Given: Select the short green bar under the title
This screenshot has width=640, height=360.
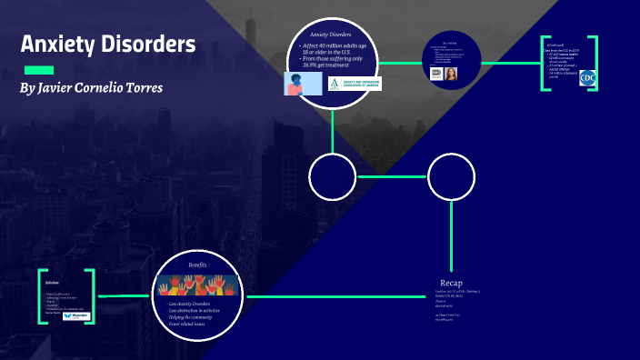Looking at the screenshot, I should pyautogui.click(x=38, y=70).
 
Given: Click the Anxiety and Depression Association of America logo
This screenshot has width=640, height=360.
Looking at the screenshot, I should pyautogui.click(x=355, y=84).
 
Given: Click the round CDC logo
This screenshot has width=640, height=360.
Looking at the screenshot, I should pyautogui.click(x=587, y=78).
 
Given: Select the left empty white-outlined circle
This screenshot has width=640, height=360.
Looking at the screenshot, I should pyautogui.click(x=333, y=176).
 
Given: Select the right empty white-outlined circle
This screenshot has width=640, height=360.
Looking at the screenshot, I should pyautogui.click(x=452, y=176).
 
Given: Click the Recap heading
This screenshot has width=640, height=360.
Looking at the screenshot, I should pyautogui.click(x=452, y=283).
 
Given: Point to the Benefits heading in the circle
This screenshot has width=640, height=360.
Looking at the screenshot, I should pyautogui.click(x=197, y=265).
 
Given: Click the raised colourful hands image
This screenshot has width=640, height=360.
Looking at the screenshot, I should pyautogui.click(x=197, y=285).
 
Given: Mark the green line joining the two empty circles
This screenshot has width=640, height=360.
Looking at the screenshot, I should pyautogui.click(x=392, y=176).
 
